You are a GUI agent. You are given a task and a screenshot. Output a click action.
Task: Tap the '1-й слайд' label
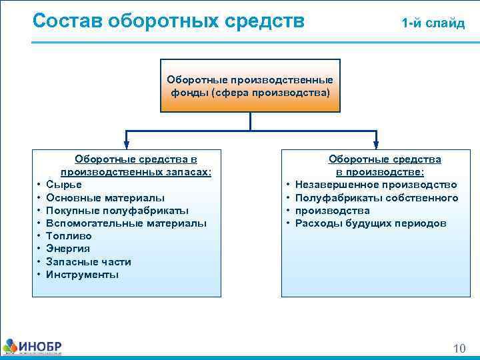(433, 23)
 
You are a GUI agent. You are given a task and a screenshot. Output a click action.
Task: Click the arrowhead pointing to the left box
(125, 141)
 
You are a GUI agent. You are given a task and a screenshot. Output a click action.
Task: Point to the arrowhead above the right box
(376, 141)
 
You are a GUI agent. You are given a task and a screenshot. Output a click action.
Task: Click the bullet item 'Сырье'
(69, 185)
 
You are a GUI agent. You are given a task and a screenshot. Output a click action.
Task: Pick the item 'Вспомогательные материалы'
(131, 223)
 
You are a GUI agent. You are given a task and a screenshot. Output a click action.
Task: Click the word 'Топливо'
(73, 236)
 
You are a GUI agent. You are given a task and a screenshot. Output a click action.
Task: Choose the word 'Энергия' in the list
(73, 249)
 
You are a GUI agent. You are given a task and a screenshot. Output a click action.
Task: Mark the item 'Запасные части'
(93, 262)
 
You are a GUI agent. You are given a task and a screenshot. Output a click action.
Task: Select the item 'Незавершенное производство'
(376, 185)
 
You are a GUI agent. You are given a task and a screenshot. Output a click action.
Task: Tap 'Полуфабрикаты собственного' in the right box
(377, 198)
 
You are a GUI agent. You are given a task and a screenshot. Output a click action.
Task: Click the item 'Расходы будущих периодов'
(371, 223)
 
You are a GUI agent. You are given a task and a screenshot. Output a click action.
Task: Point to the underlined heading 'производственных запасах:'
(136, 172)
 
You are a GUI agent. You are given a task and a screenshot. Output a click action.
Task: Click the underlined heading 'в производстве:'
(385, 172)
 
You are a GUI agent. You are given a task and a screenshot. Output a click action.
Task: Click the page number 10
(459, 349)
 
